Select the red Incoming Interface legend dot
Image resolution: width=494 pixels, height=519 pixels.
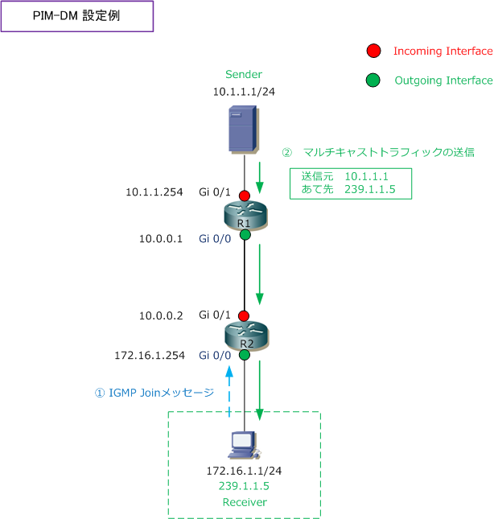373,51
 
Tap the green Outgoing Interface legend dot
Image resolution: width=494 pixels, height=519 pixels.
373,80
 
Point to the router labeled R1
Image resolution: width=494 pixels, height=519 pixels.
244,216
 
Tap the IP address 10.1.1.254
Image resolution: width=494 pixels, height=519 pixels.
153,192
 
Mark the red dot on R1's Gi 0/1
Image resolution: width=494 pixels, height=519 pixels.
244,196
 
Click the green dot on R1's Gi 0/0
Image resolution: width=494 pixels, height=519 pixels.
244,235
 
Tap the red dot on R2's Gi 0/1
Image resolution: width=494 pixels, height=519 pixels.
244,316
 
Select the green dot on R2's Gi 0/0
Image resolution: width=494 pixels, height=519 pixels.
244,355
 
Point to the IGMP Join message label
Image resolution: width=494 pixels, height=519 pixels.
155,393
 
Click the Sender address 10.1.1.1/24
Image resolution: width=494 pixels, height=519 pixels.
244,92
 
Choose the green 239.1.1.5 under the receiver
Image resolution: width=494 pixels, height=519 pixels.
243,486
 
